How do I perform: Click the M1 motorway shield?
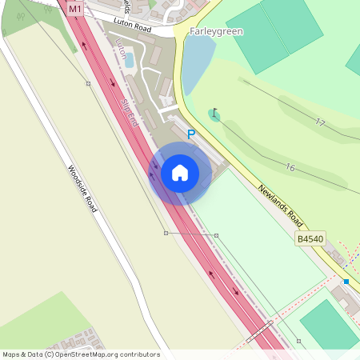point(75,9)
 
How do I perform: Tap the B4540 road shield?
point(310,239)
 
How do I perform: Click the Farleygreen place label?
point(217,31)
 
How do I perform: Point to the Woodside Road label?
point(82,189)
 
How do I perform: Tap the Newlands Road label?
point(281,206)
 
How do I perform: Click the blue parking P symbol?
point(191,135)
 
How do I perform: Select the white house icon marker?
point(180,173)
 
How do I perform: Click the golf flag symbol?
point(214,114)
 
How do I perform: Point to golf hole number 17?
point(320,122)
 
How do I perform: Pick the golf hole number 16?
point(290,167)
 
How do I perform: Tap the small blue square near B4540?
point(346,282)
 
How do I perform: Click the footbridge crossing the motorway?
point(260,332)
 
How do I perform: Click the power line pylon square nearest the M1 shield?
point(88,83)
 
